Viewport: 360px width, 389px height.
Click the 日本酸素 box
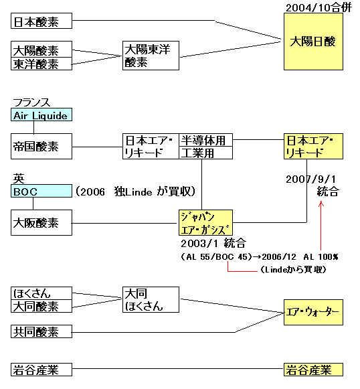pyautogui.click(x=41, y=21)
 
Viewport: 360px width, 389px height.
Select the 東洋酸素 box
pyautogui.click(x=41, y=64)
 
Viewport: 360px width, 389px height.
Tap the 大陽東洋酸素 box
pyautogui.click(x=151, y=56)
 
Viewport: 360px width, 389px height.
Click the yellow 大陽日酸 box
pyautogui.click(x=313, y=42)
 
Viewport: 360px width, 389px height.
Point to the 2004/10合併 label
pyautogui.click(x=319, y=7)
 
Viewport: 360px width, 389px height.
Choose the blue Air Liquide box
pyautogui.click(x=41, y=114)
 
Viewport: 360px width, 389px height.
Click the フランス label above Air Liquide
pyautogui.click(x=31, y=102)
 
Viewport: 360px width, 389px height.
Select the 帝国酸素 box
pyautogui.click(x=41, y=147)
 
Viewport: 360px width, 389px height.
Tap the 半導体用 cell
pyautogui.click(x=206, y=140)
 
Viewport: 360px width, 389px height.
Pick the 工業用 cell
pyautogui.click(x=206, y=153)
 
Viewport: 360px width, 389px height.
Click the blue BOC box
pyautogui.click(x=41, y=191)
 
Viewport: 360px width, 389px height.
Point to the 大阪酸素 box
pyautogui.click(x=41, y=222)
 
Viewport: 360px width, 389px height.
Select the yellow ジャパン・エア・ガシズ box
pyautogui.click(x=206, y=222)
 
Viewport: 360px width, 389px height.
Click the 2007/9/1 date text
pyautogui.click(x=310, y=179)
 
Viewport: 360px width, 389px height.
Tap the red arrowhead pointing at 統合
pyautogui.click(x=321, y=204)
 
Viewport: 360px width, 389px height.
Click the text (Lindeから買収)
pyautogui.click(x=293, y=269)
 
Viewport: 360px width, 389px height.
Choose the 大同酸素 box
pyautogui.click(x=41, y=306)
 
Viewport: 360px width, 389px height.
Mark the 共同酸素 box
pyautogui.click(x=41, y=331)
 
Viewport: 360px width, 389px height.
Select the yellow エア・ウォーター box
pyautogui.click(x=313, y=313)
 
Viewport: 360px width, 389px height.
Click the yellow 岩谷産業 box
pyautogui.click(x=313, y=370)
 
